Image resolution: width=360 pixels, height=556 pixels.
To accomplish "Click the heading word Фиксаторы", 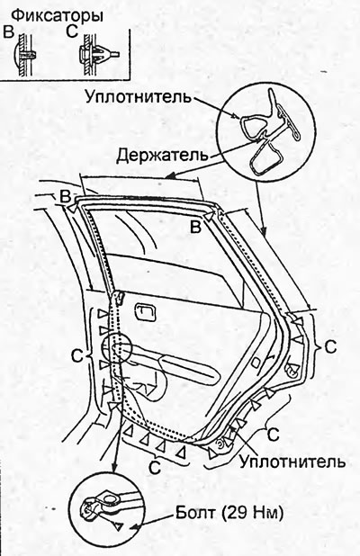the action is point(58,16).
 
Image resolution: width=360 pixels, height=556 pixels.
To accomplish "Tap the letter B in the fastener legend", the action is point(9,31).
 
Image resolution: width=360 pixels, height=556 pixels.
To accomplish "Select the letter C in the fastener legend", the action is point(72,31).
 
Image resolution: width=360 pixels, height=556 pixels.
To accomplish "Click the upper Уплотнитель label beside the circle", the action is point(139,96).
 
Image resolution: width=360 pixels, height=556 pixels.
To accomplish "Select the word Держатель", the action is point(162,155).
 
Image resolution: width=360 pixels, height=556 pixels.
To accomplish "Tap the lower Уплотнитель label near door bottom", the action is point(292,462).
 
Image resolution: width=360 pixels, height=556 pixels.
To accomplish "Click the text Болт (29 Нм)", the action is point(229,513).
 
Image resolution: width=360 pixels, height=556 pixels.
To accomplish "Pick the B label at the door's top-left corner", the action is point(66,197).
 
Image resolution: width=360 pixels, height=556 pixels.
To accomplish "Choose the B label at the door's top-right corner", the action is point(196,227).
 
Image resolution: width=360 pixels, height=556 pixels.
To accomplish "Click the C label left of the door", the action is point(77,356).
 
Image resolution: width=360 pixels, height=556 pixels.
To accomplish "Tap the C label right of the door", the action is point(330,346).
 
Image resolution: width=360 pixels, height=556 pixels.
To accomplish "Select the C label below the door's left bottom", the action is point(155,468).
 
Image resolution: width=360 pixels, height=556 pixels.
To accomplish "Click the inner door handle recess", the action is point(146,312).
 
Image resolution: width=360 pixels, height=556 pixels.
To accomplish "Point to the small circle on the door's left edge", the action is point(117,347).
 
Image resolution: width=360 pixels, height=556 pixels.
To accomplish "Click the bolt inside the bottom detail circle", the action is point(88,510).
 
